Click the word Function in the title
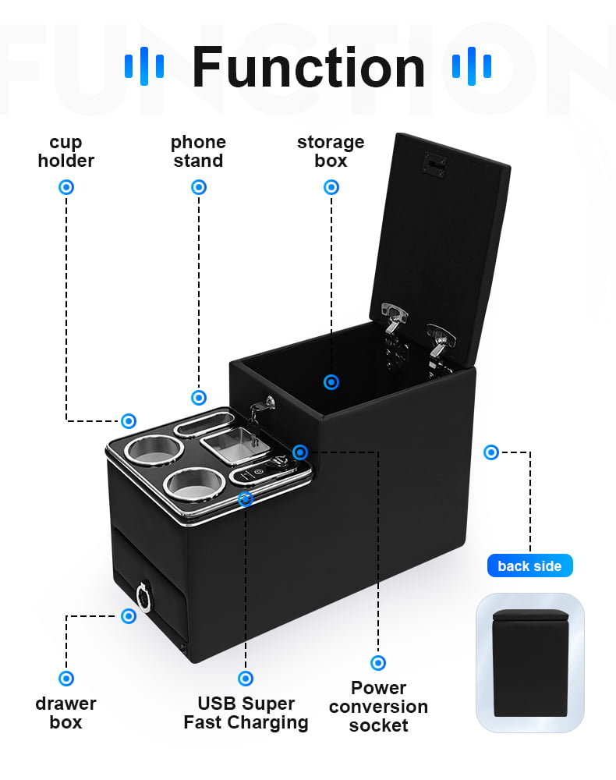pyautogui.click(x=308, y=67)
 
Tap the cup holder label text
pyautogui.click(x=66, y=152)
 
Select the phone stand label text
pyautogui.click(x=198, y=152)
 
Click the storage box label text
pyautogui.click(x=331, y=152)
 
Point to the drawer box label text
pyautogui.click(x=65, y=713)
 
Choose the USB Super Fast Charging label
pyautogui.click(x=246, y=713)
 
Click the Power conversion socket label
pyautogui.click(x=378, y=707)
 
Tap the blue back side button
pyautogui.click(x=530, y=565)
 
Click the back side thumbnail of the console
pyautogui.click(x=530, y=662)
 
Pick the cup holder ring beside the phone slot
pyautogui.click(x=154, y=450)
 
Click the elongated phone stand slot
pyautogui.click(x=204, y=423)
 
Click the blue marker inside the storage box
pyautogui.click(x=331, y=382)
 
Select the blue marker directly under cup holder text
pyautogui.click(x=66, y=187)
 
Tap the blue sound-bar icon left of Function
pyautogui.click(x=144, y=66)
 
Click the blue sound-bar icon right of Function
pyautogui.click(x=472, y=66)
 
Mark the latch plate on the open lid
pyautogui.click(x=434, y=164)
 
